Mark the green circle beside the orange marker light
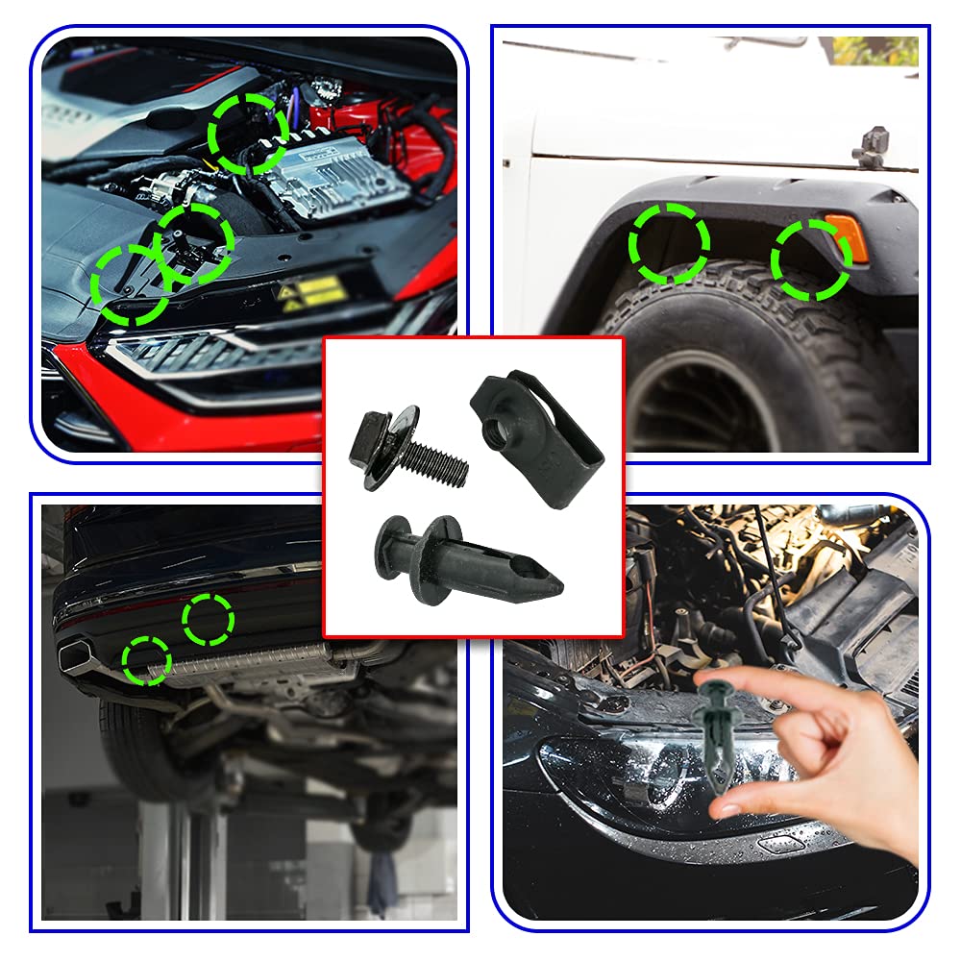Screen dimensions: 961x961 click(x=810, y=259)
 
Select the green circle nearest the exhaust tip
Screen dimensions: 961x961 click(x=147, y=661)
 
